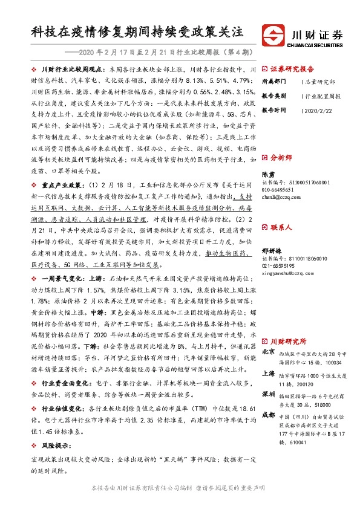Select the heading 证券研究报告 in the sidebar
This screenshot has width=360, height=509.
(x=292, y=69)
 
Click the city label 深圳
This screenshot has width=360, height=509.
(x=269, y=394)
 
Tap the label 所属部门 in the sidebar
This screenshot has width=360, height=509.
(x=274, y=80)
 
